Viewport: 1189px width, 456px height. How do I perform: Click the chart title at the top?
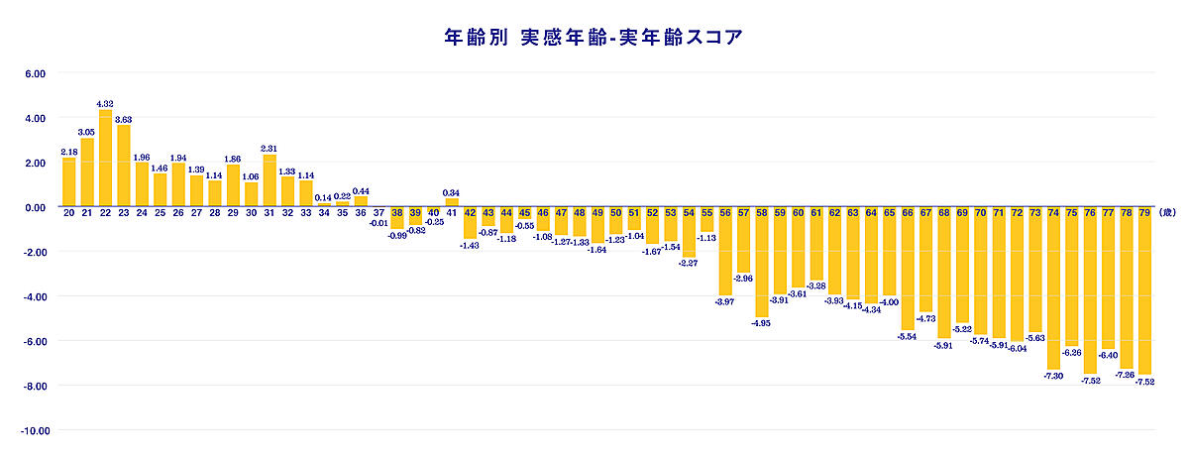[594, 37]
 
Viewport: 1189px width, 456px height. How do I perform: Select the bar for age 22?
[105, 159]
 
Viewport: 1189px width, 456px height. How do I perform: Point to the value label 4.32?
[105, 103]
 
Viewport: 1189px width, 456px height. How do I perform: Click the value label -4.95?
[761, 322]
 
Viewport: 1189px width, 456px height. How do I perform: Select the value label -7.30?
[1052, 376]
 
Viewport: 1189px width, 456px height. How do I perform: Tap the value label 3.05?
[87, 132]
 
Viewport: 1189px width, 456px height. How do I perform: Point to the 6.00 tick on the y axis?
[35, 73]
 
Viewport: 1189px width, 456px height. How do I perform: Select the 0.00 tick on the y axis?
[35, 207]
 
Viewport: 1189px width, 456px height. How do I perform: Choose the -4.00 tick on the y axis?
[35, 296]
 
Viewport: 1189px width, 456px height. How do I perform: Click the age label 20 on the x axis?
[69, 213]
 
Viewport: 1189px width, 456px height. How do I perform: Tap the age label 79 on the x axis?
[1144, 213]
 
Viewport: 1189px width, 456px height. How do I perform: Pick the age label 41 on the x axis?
[452, 213]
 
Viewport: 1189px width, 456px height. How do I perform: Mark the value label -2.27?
[689, 263]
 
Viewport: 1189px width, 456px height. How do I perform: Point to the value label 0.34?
[452, 192]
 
